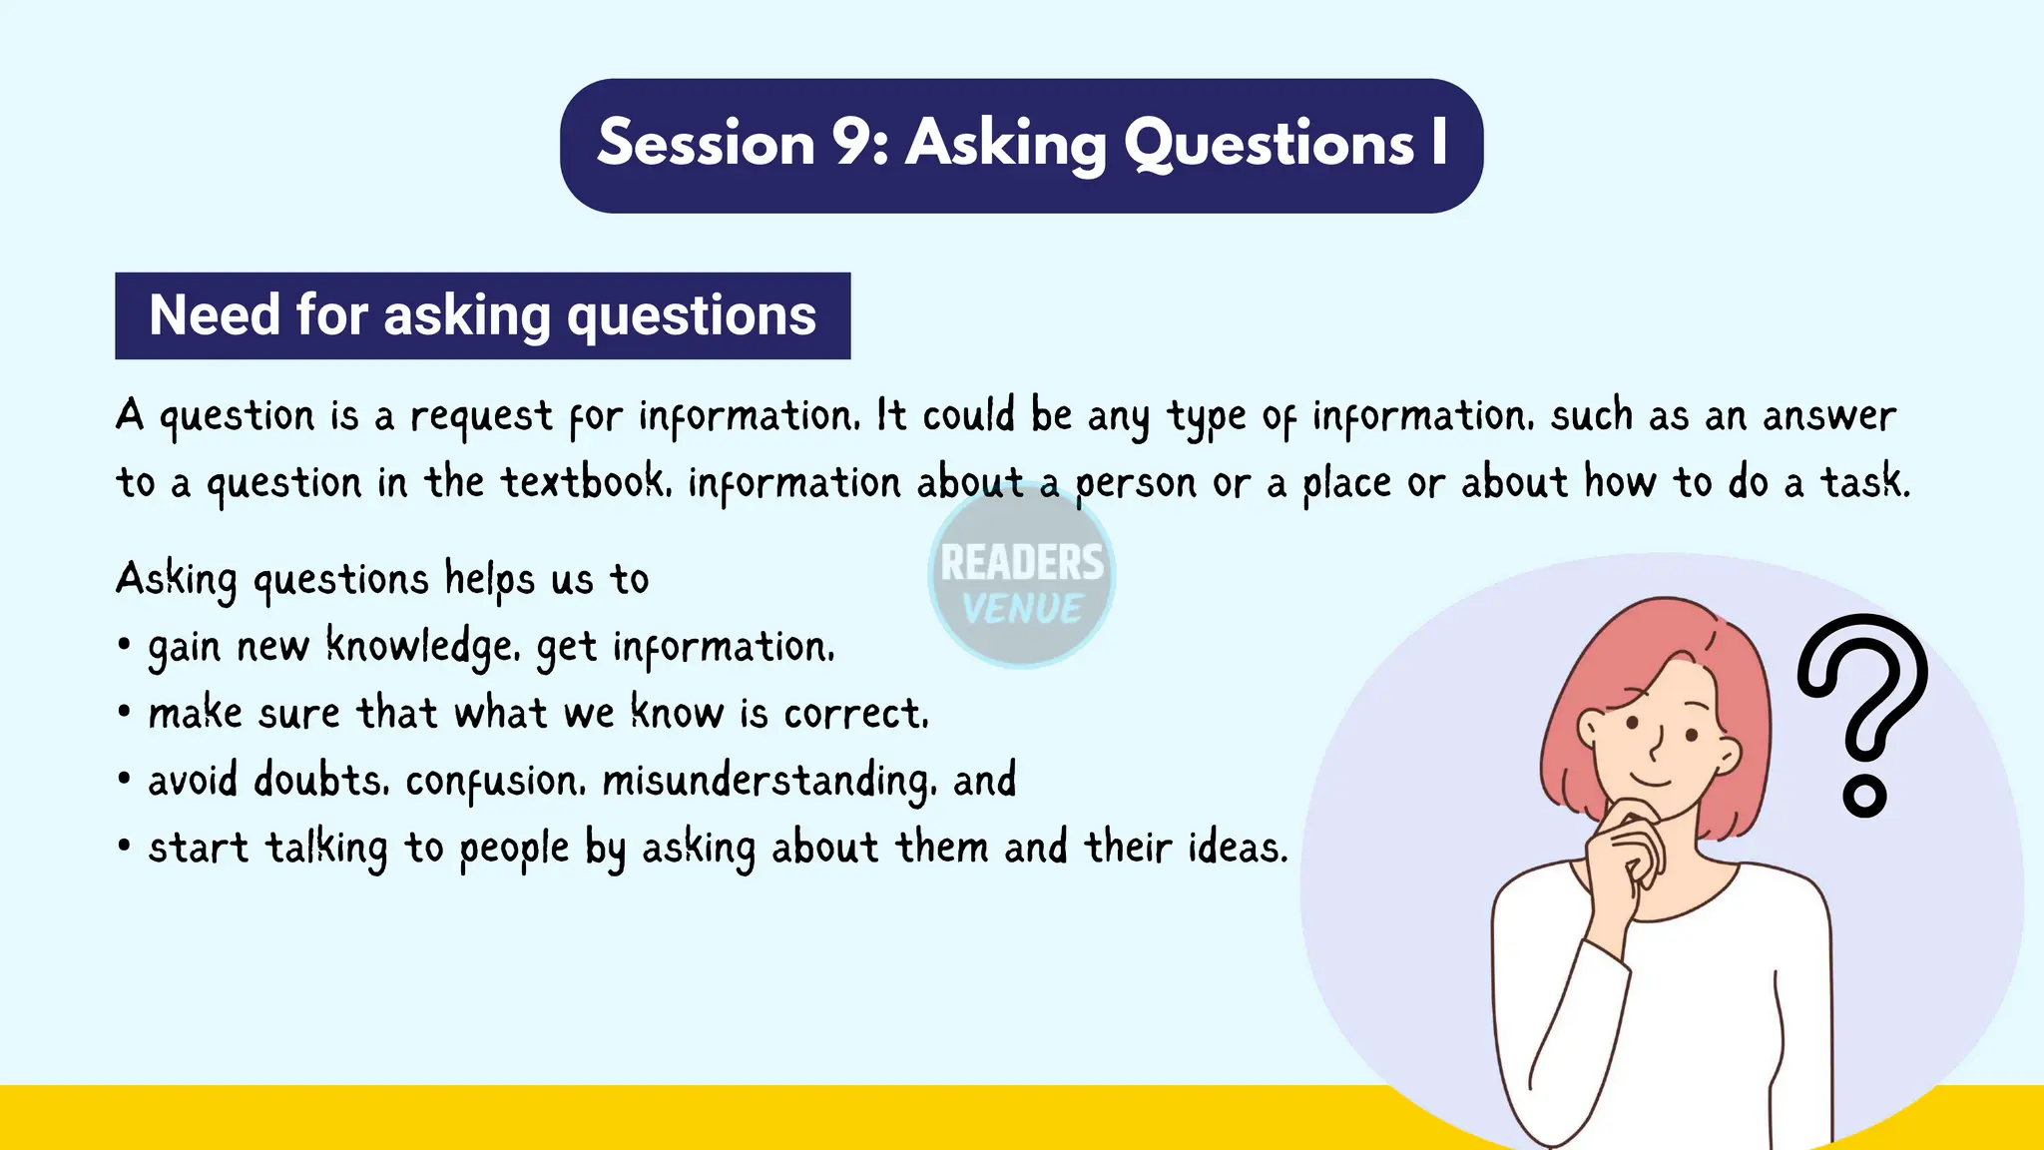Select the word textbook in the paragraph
tap(582, 482)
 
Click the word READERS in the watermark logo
tap(1022, 563)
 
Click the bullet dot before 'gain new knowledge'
tap(124, 646)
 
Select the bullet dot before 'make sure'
tap(124, 713)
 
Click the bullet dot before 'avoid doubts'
tap(124, 780)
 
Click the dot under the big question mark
tap(1863, 797)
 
